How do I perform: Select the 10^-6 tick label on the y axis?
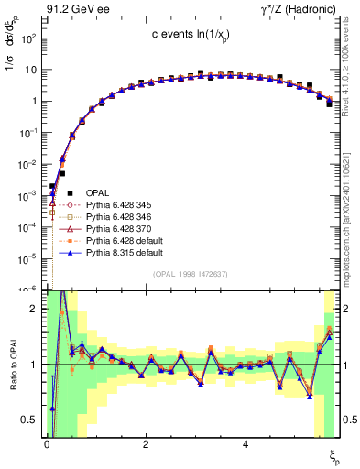point(27,289)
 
